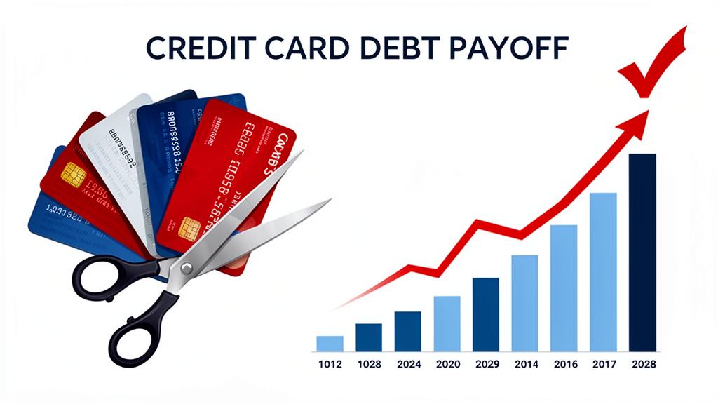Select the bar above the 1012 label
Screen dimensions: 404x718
[x=330, y=343]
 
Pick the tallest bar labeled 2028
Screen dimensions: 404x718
[x=642, y=252]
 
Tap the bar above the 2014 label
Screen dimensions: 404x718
[x=524, y=302]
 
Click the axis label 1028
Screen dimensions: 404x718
[x=369, y=365]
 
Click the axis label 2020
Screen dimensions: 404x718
[x=447, y=365]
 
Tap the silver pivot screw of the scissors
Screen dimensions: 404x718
[x=186, y=267]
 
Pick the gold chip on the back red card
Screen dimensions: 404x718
[x=74, y=175]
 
